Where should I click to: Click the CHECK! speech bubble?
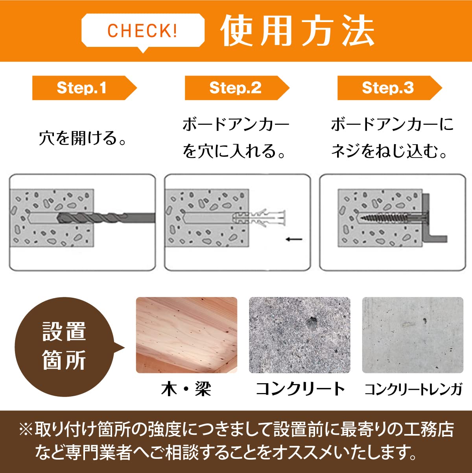click(x=143, y=30)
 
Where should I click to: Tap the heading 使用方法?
click(x=297, y=30)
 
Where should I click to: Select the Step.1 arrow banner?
click(x=84, y=88)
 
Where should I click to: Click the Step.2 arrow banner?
click(x=237, y=88)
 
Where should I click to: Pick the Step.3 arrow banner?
click(x=390, y=88)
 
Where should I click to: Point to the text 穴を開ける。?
click(x=83, y=138)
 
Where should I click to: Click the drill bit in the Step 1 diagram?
click(x=106, y=218)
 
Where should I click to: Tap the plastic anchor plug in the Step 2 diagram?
click(x=259, y=217)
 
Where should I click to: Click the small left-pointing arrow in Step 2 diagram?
click(x=294, y=239)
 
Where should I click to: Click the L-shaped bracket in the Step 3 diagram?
click(x=427, y=218)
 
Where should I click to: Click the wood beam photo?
click(x=186, y=335)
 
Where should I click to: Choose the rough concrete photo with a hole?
click(x=300, y=335)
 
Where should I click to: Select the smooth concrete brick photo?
click(x=413, y=335)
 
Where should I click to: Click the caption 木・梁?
click(x=186, y=389)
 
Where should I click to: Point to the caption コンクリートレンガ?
click(x=413, y=389)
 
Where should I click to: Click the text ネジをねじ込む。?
click(x=389, y=151)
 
